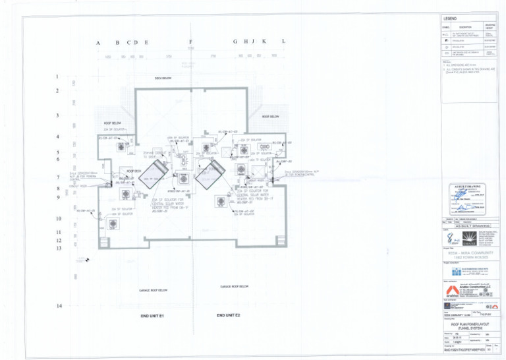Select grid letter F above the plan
click(x=190, y=43)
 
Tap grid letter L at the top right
click(x=283, y=42)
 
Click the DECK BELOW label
click(x=163, y=78)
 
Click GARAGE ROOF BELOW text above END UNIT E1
click(x=153, y=290)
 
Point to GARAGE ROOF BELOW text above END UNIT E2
click(x=234, y=287)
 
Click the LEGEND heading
click(x=452, y=18)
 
